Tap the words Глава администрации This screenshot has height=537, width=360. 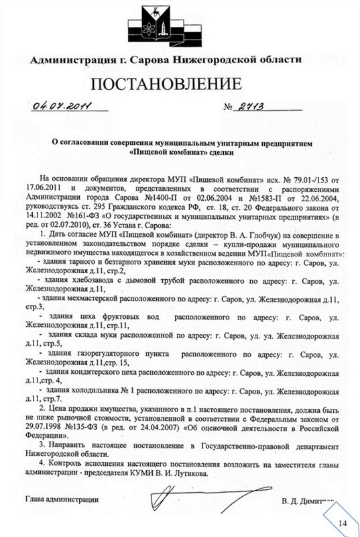[x=62, y=499]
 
